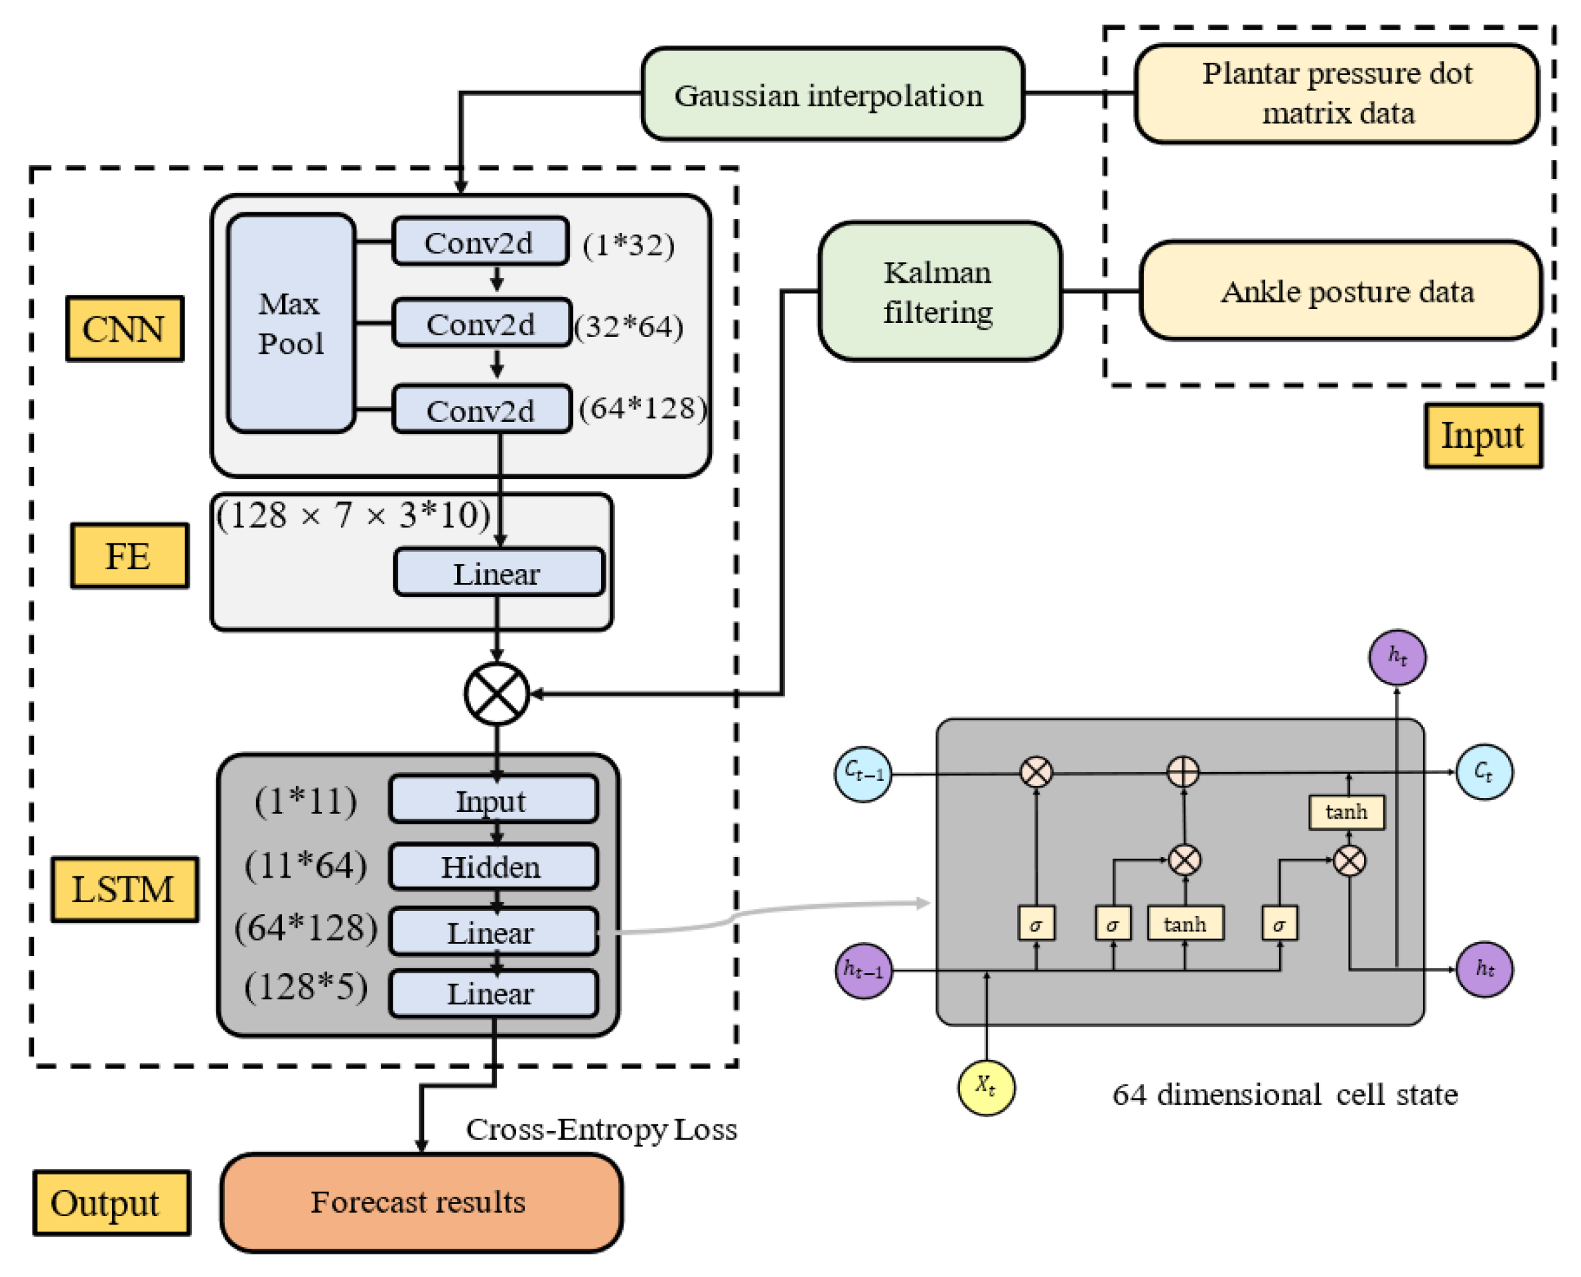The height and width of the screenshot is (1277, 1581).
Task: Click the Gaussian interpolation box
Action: (x=833, y=94)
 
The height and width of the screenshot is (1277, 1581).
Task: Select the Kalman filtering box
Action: (x=939, y=291)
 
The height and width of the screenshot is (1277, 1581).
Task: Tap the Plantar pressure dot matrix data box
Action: (x=1337, y=94)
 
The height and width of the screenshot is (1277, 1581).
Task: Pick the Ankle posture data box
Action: (x=1340, y=291)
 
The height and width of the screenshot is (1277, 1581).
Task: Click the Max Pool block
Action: (x=291, y=324)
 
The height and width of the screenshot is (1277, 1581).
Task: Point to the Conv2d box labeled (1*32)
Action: (x=480, y=241)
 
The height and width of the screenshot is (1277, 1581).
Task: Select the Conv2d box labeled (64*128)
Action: (x=482, y=409)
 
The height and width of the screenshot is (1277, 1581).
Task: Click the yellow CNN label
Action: (x=124, y=329)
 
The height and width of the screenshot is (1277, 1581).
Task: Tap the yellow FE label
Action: (x=129, y=555)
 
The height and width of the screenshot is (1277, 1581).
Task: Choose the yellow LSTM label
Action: (x=124, y=890)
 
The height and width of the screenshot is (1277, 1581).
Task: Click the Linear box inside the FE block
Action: (x=499, y=572)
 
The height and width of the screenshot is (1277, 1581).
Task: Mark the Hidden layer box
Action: (x=493, y=866)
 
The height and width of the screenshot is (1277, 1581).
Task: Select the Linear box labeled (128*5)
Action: (x=493, y=994)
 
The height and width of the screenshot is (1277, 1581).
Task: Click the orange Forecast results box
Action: (x=421, y=1202)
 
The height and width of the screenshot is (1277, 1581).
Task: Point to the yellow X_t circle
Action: (x=987, y=1087)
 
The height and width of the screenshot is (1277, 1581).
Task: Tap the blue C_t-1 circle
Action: (x=864, y=773)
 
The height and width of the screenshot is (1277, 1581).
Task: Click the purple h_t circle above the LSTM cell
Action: (x=1398, y=657)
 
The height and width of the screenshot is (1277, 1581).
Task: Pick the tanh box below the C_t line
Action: (x=1347, y=812)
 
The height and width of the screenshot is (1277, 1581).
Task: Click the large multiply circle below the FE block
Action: (x=498, y=694)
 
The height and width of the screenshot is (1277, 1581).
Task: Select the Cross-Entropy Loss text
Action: (x=602, y=1129)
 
